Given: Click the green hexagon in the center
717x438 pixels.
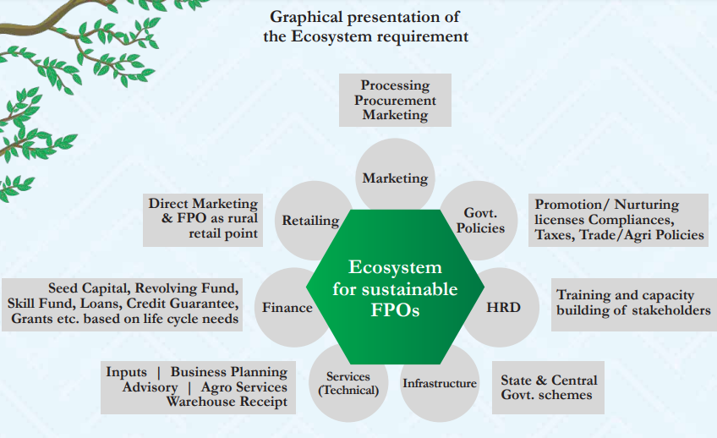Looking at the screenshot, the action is pos(395,287).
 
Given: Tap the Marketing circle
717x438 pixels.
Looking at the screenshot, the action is pos(395,176).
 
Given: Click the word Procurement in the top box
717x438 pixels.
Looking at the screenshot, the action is pos(395,100).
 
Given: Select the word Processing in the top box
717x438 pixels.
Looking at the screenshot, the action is pos(395,85).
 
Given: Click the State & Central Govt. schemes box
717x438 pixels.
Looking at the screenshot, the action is pos(548,388).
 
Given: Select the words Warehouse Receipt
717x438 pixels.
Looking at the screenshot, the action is pos(227,402).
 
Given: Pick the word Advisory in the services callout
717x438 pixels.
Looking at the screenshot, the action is pos(150,387).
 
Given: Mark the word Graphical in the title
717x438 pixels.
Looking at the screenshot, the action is pos(306,17).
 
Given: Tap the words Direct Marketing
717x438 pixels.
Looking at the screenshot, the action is pos(203,204).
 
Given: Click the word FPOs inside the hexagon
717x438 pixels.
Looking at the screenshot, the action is pos(395,310).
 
